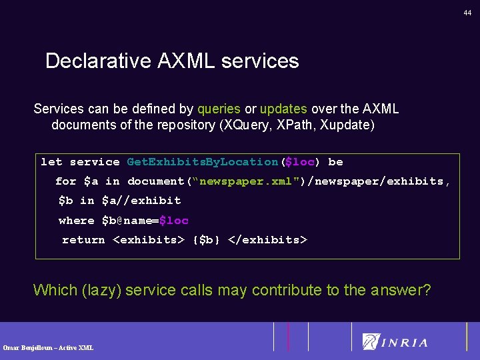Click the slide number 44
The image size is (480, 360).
468,13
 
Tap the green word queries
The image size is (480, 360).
219,109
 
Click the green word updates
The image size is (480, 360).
283,109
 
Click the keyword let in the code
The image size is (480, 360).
51,162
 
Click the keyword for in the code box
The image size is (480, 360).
65,181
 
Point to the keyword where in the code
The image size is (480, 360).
76,221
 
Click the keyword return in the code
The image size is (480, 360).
83,240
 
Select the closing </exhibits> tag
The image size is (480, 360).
267,240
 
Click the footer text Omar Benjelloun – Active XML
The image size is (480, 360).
48,347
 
